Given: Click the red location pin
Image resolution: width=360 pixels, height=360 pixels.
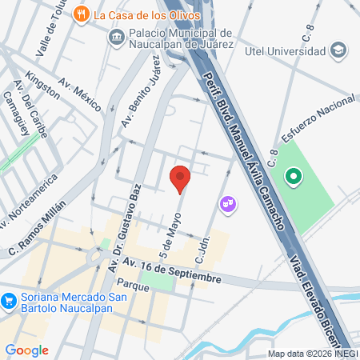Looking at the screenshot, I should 180,178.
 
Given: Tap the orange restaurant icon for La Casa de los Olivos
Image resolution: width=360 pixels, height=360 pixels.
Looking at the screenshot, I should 81,14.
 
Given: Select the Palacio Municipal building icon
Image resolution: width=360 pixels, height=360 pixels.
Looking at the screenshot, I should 117,36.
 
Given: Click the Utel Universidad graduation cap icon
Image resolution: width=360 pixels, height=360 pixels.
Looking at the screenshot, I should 339,50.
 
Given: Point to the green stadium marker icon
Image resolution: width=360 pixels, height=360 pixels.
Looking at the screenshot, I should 293,176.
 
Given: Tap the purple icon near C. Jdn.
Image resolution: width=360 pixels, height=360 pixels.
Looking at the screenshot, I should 229,205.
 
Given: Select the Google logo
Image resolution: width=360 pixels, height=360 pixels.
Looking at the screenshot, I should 26,350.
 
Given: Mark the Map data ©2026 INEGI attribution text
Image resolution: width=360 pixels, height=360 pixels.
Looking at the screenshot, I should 313,354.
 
